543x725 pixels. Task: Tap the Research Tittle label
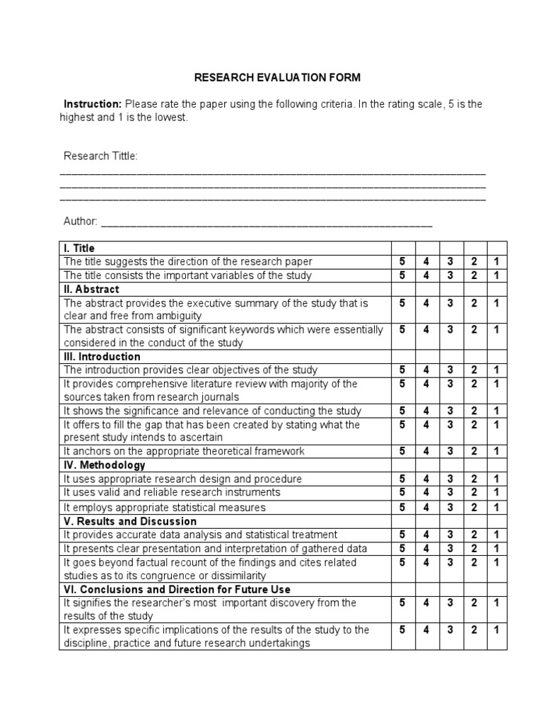100,156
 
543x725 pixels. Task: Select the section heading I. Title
78,248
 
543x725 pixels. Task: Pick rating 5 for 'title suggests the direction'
402,261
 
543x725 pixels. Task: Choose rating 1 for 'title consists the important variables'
496,275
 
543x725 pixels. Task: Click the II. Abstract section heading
91,289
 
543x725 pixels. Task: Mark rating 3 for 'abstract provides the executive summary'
450,303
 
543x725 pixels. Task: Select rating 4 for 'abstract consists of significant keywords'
426,329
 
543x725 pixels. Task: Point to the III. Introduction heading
102,356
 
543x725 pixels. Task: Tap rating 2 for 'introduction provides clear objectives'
474,370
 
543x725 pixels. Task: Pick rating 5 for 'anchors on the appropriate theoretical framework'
402,451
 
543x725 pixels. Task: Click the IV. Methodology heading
104,465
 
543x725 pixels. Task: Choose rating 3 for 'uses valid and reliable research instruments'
450,492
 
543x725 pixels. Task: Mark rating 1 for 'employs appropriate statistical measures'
496,507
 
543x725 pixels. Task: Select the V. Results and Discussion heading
130,521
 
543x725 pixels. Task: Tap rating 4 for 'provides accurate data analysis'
426,535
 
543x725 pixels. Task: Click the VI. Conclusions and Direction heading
177,589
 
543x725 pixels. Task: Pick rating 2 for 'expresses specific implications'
474,629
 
